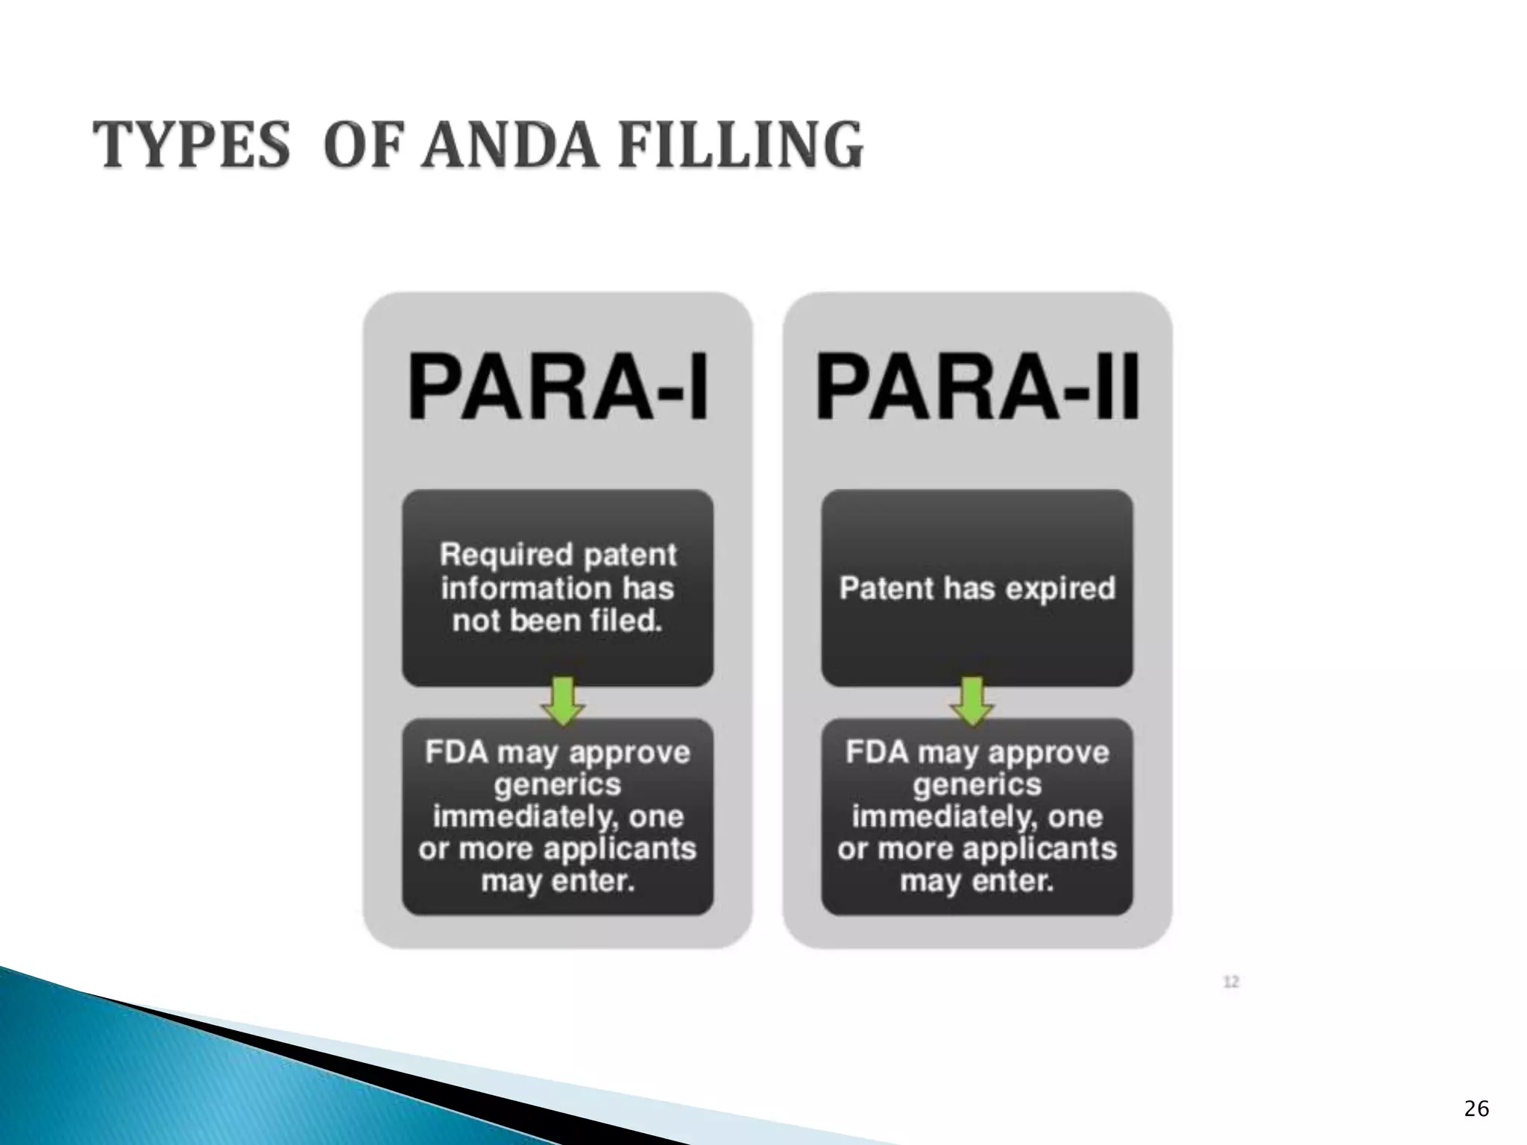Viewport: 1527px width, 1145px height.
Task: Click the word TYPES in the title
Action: [x=192, y=145]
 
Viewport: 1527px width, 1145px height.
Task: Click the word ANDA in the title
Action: [x=509, y=145]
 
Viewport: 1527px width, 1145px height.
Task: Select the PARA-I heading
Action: [x=558, y=388]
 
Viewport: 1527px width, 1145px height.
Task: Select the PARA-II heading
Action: [x=977, y=388]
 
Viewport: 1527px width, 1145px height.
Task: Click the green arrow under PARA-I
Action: [x=563, y=701]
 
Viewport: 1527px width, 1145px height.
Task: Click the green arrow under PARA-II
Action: [x=972, y=701]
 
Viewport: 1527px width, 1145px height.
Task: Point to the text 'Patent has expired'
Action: [x=977, y=588]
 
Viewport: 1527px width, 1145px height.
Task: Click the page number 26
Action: [x=1476, y=1109]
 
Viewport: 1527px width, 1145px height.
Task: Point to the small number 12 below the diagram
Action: [x=1231, y=982]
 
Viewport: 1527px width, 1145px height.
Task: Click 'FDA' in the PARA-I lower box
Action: [x=456, y=752]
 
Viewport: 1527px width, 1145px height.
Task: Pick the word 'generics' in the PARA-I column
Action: [x=558, y=785]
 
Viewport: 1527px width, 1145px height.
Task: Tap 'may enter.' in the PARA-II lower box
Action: [x=977, y=881]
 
